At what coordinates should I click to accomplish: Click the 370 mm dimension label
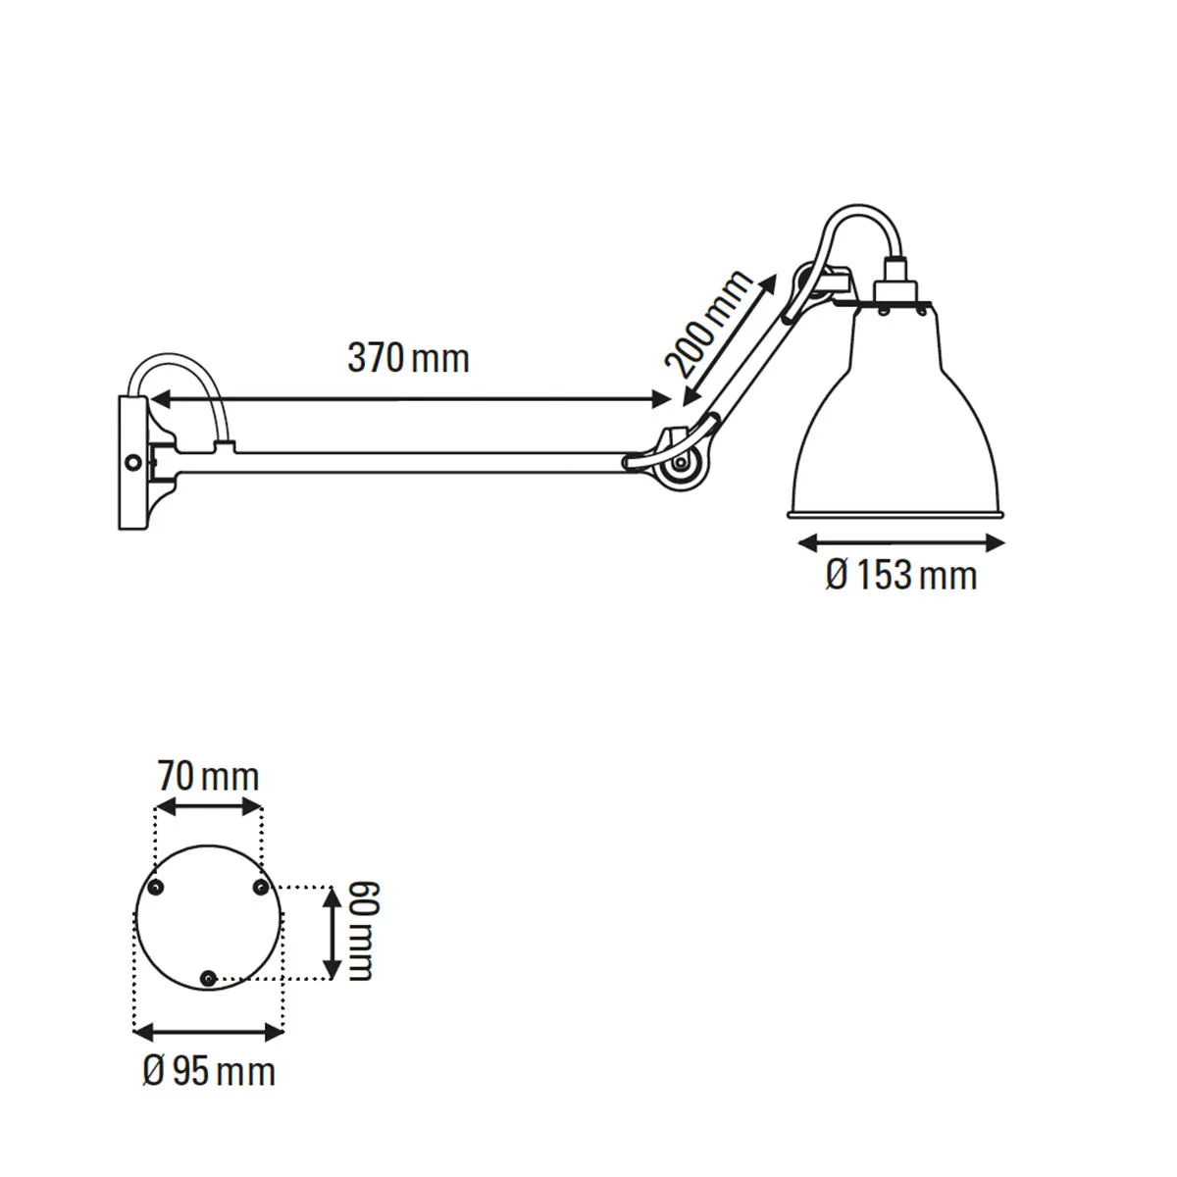(x=408, y=359)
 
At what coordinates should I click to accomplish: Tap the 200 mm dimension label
(x=710, y=325)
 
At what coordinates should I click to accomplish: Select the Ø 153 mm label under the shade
(x=900, y=575)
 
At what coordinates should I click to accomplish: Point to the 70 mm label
(x=208, y=777)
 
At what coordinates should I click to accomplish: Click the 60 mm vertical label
(x=360, y=931)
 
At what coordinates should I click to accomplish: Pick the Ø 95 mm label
(x=208, y=1070)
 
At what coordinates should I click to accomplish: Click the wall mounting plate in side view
(x=131, y=462)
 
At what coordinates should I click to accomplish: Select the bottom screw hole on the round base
(x=208, y=978)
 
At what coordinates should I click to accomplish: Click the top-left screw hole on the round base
(x=155, y=888)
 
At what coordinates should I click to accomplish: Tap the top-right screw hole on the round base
(x=261, y=888)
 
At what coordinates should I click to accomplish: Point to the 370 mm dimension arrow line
(x=408, y=398)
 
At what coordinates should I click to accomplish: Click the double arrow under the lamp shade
(x=900, y=541)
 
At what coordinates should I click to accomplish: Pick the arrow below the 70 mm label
(x=209, y=806)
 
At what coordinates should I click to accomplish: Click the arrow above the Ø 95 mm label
(x=208, y=1030)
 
